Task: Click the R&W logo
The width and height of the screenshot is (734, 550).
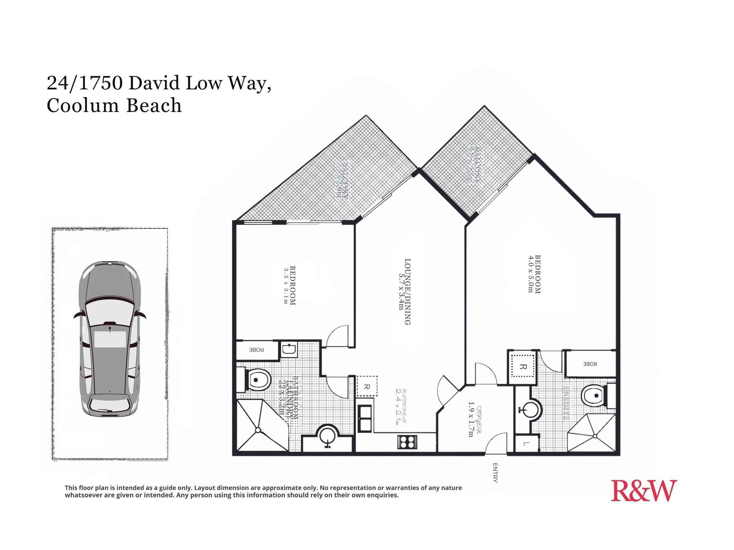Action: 644,491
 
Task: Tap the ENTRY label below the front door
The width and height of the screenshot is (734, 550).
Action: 495,473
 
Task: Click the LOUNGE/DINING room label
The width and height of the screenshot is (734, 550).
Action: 407,291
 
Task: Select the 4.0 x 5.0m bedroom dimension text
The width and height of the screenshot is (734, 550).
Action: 530,274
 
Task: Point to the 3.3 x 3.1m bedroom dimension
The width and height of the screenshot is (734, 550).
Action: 286,286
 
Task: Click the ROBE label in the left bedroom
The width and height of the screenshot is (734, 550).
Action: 257,350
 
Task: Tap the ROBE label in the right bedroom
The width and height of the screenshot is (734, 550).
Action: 590,364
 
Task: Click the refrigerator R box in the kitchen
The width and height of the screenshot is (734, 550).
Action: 367,386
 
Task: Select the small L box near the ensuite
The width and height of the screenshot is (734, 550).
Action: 526,444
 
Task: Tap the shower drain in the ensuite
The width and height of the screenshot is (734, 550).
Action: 595,436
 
